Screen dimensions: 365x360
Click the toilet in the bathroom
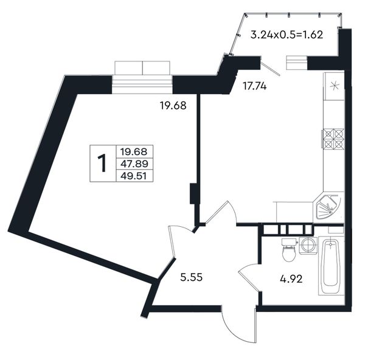pos(289,250)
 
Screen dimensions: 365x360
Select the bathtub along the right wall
pos(331,266)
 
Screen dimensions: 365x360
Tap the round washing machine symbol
pos(308,246)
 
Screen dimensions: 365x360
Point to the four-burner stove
pos(333,139)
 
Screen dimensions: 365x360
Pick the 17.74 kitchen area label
pos(254,86)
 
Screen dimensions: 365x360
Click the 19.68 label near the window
pos(173,106)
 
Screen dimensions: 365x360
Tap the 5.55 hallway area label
pos(192,277)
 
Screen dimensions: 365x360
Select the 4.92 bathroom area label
pos(291,279)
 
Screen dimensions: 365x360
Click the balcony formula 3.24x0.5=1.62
pos(287,35)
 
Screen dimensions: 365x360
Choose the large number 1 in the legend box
pos(102,163)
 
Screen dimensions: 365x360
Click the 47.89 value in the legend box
pos(134,164)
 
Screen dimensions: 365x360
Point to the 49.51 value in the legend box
pos(134,176)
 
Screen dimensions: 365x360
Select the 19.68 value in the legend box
pos(134,152)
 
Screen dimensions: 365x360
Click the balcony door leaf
pos(270,66)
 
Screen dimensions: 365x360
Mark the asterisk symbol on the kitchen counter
pos(335,86)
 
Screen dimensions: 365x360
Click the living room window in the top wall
pos(142,77)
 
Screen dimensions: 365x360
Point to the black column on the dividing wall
pos(193,193)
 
